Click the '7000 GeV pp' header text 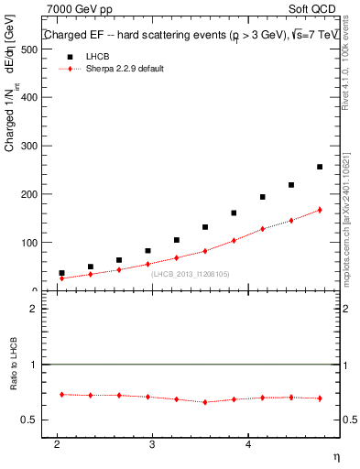pos(74,9)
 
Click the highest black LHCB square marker pos(319,167)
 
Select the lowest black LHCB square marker pos(61,273)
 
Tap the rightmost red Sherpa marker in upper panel pos(319,210)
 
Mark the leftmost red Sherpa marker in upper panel pos(61,278)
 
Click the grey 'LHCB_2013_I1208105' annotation pos(190,273)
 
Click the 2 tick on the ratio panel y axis pos(33,309)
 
